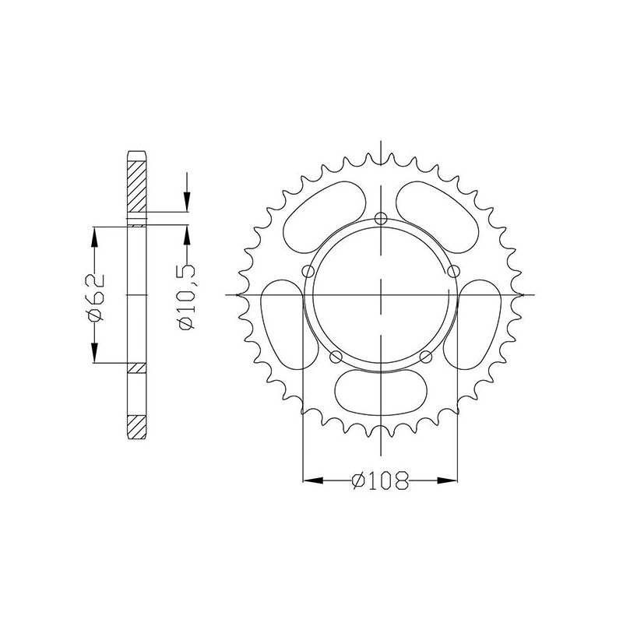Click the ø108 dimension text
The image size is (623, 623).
pyautogui.click(x=381, y=483)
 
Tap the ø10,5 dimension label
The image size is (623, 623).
pyautogui.click(x=187, y=296)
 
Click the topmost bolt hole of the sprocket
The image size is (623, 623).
pyautogui.click(x=380, y=217)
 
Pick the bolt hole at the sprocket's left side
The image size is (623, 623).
pyautogui.click(x=308, y=271)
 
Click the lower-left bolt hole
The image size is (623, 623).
pyautogui.click(x=336, y=357)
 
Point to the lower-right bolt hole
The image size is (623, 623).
pyautogui.click(x=425, y=357)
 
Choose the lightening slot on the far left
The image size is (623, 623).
pyautogui.click(x=280, y=321)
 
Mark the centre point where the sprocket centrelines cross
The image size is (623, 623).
pyautogui.click(x=380, y=295)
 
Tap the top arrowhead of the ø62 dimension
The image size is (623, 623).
pyautogui.click(x=95, y=234)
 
